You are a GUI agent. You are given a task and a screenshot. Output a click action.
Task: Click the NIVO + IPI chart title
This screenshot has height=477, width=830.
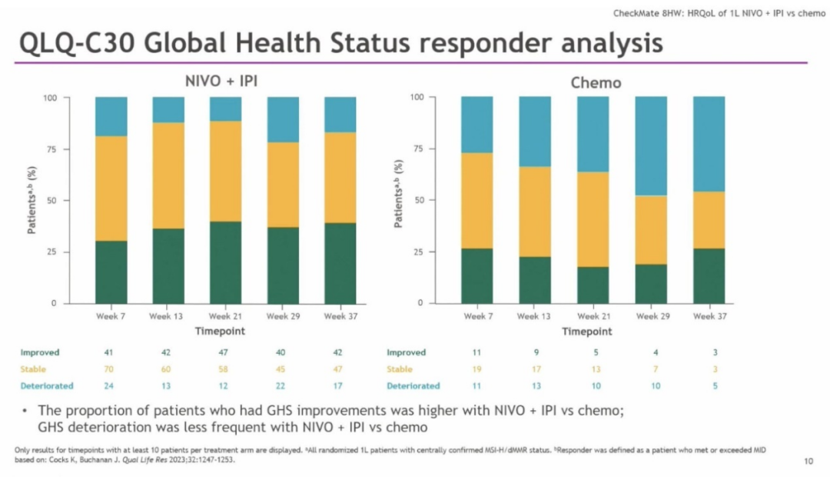point(224,82)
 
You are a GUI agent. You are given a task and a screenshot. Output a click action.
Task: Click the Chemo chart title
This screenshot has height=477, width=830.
point(595,82)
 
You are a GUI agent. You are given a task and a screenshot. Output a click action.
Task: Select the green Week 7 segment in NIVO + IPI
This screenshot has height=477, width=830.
point(111,272)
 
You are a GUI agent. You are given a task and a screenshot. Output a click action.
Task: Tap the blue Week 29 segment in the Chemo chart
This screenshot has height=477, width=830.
point(651,146)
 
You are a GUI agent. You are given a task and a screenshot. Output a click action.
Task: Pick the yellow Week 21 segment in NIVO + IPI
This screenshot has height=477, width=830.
point(225,172)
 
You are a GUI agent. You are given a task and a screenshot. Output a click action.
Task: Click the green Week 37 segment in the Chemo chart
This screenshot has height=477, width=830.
point(709,275)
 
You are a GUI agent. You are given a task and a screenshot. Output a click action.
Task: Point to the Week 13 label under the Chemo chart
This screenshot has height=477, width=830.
point(534,316)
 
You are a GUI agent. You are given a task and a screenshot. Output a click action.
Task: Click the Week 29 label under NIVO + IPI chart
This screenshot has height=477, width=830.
point(283,316)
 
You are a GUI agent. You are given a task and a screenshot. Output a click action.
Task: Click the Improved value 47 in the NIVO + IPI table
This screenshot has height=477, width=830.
point(225,352)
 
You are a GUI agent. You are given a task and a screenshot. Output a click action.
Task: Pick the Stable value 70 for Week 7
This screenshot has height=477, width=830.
point(109,369)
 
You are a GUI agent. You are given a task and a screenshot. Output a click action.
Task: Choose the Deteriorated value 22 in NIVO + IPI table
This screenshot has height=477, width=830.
point(281,385)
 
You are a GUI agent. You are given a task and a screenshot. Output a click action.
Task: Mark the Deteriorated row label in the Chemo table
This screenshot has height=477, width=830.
point(413,385)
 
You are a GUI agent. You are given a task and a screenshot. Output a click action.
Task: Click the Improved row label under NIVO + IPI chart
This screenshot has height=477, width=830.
point(40,352)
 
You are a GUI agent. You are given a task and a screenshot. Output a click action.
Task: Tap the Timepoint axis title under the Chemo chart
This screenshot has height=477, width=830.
point(587,332)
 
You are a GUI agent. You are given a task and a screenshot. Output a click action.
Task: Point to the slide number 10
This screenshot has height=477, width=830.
point(808,462)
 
